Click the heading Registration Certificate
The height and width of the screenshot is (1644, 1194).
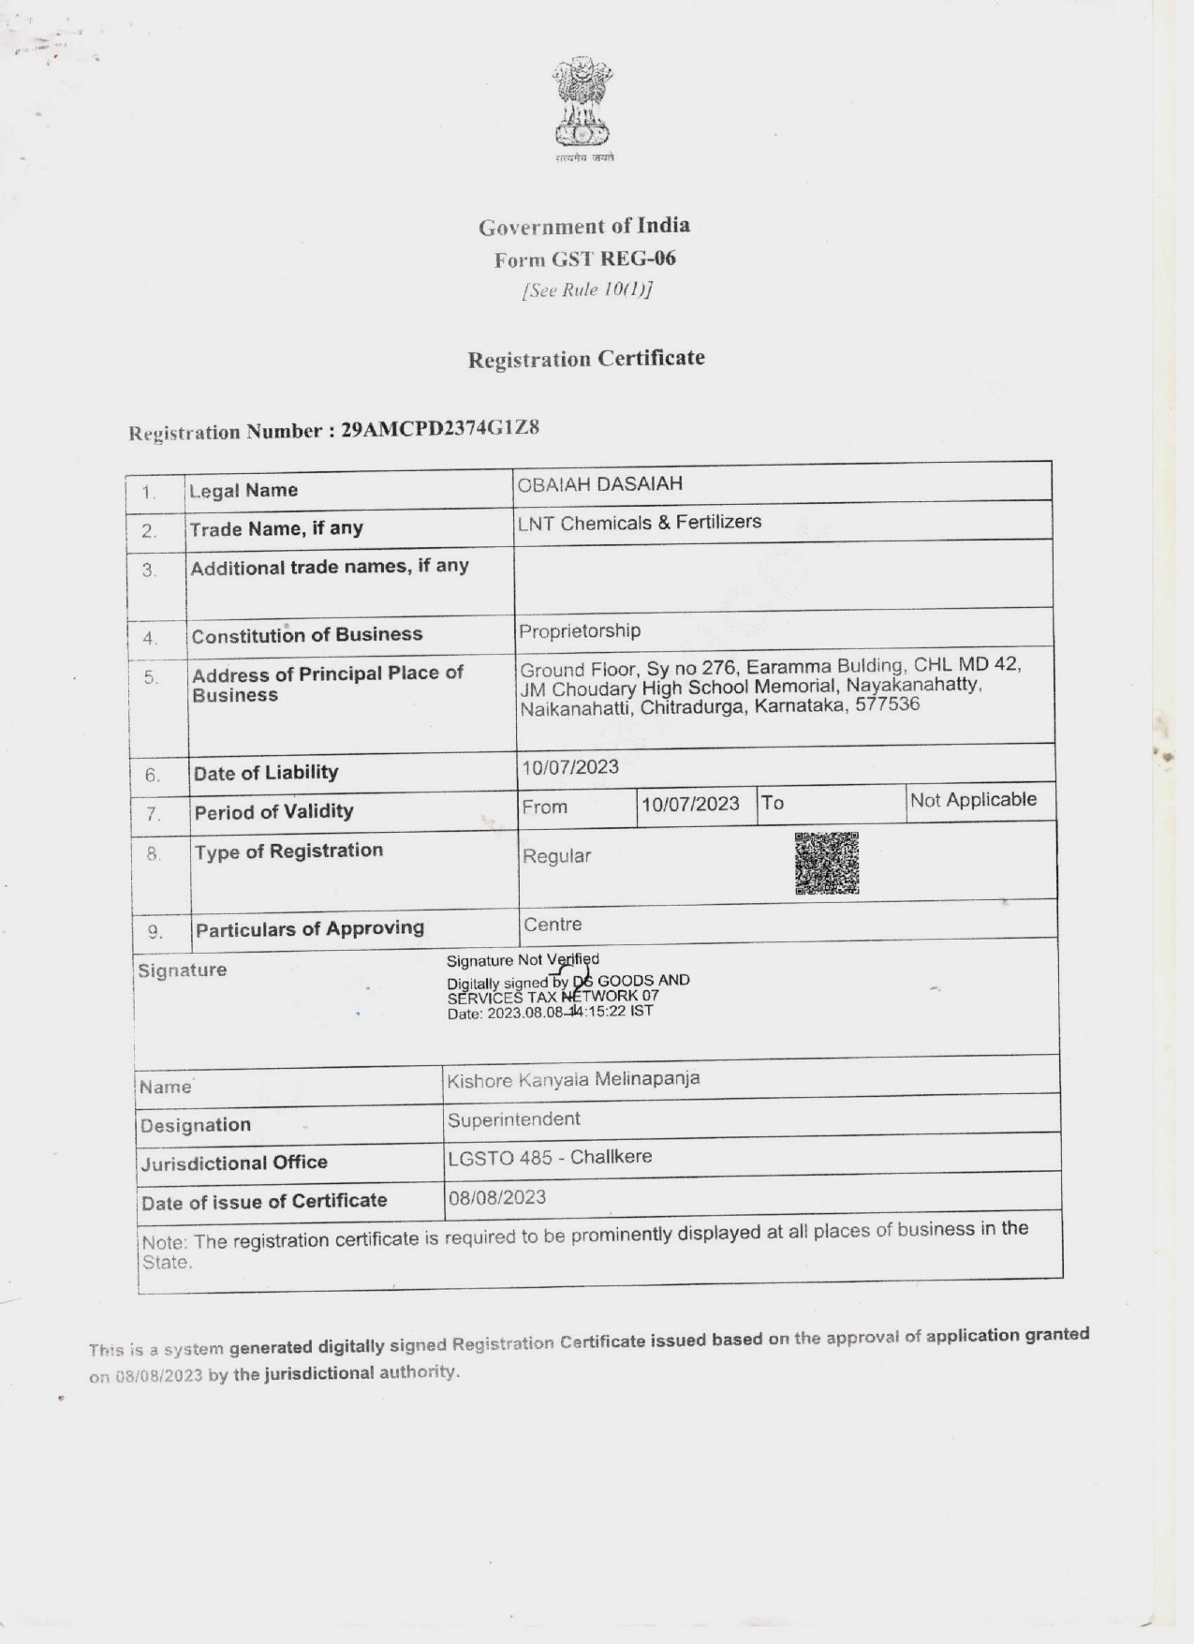(586, 359)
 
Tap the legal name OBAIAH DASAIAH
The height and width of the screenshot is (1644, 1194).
(600, 484)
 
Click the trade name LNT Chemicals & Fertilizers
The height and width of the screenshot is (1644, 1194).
(640, 522)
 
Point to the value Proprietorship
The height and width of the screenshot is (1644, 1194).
(580, 630)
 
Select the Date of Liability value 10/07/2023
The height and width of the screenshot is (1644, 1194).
(570, 767)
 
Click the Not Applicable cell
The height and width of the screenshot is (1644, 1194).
(973, 800)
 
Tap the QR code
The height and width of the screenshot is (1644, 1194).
(827, 863)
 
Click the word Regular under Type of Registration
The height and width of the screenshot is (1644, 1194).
(556, 856)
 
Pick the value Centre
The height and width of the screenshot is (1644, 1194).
(553, 925)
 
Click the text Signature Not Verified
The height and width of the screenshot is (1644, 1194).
(523, 959)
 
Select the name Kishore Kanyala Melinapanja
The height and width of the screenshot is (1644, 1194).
(573, 1079)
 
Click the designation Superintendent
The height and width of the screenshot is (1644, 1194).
(513, 1119)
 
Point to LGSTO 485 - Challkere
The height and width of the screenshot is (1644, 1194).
(550, 1157)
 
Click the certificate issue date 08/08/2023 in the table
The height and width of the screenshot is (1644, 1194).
(496, 1197)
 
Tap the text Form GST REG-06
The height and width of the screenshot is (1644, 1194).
(585, 259)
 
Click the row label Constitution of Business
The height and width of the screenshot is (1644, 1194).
(307, 635)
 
